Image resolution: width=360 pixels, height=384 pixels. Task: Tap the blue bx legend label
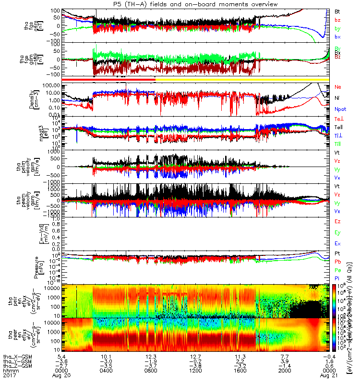[337, 36]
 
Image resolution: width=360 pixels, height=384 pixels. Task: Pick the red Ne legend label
[337, 87]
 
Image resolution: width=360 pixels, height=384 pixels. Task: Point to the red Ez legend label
[337, 221]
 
